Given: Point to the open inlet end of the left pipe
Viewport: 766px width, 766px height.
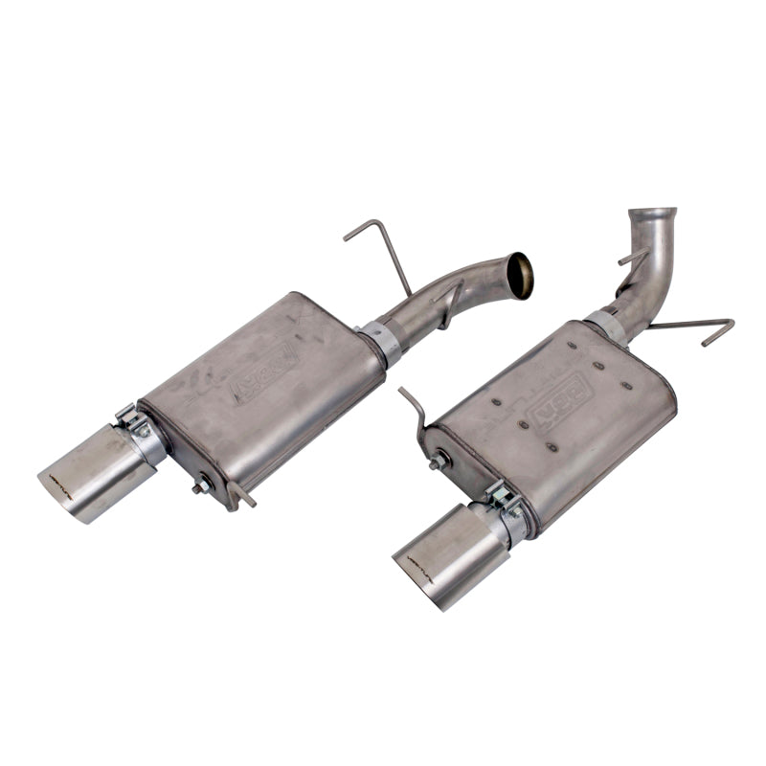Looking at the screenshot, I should (518, 276).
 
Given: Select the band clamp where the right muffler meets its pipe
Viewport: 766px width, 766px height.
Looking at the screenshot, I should (605, 326).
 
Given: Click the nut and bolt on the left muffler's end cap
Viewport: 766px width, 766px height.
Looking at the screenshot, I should (202, 486).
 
